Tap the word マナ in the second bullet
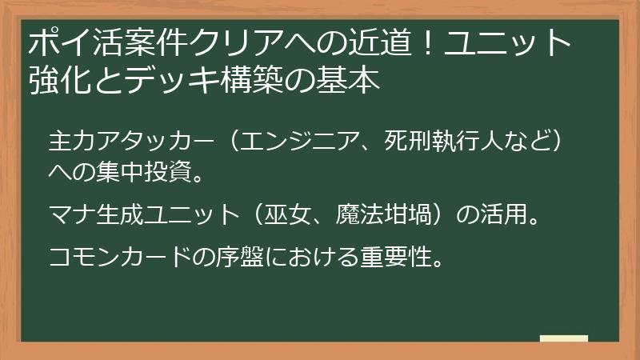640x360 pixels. [70, 214]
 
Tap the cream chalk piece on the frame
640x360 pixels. [563, 338]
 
